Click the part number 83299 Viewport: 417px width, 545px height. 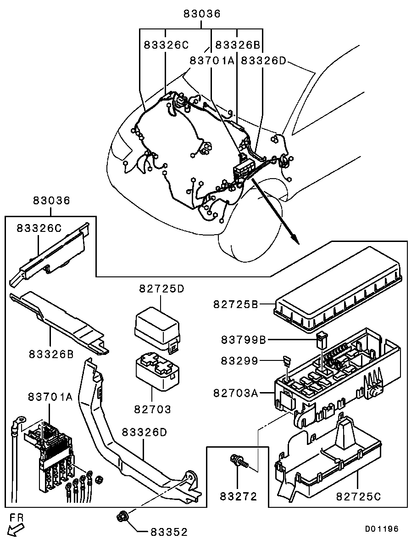pos(240,361)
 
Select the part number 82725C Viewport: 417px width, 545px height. pos(359,496)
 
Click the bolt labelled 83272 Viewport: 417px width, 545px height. pos(238,461)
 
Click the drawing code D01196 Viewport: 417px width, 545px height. pos(382,529)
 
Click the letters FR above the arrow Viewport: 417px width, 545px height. pos(16,517)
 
